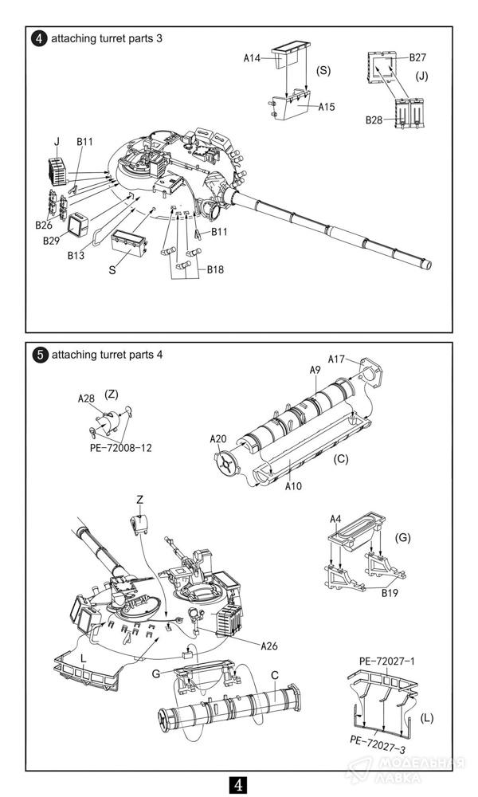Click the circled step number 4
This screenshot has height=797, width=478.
39,38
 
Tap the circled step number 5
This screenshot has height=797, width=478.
40,355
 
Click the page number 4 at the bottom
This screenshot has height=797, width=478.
238,784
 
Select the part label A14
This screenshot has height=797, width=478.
252,58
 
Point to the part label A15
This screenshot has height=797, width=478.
327,107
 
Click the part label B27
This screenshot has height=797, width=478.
417,57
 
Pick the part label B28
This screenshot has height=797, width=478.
374,120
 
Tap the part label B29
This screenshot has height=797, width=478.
52,241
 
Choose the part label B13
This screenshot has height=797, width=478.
76,255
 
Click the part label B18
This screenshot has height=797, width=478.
215,269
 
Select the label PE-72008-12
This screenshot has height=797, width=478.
121,448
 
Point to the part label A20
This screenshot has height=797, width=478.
218,438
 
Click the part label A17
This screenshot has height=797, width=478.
336,359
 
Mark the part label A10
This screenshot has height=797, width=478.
293,486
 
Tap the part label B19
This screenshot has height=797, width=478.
390,593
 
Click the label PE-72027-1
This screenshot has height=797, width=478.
387,662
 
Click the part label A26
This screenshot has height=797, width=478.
269,646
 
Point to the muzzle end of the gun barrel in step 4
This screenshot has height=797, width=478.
427,265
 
